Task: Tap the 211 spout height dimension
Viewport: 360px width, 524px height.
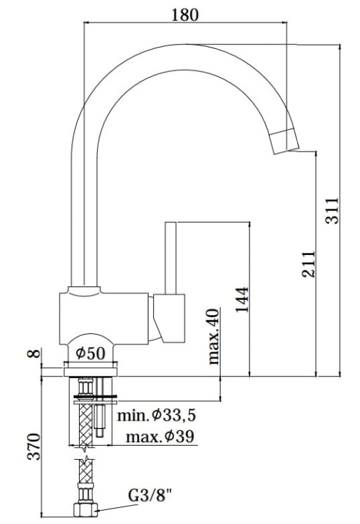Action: (308, 264)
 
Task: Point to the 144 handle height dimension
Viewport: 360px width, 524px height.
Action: (242, 299)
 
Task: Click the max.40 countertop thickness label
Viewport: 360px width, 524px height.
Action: (214, 337)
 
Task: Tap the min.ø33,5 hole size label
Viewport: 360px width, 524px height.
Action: (156, 416)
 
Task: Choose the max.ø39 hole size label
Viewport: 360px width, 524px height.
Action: (159, 438)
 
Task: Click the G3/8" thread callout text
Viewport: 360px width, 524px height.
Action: (149, 497)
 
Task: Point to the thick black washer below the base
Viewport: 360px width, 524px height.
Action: (94, 400)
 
